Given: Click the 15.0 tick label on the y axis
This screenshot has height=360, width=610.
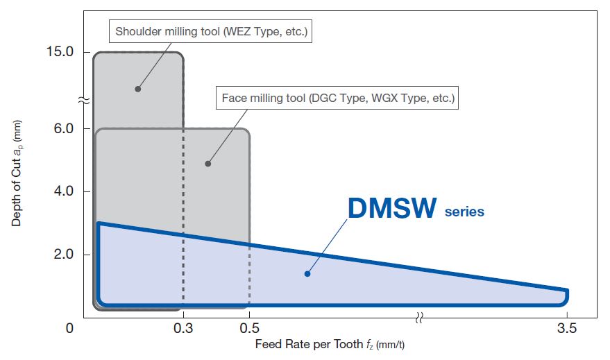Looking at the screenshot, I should (60, 53).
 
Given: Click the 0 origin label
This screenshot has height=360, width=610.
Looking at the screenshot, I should (69, 329).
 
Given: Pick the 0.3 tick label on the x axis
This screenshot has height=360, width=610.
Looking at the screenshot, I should (183, 329).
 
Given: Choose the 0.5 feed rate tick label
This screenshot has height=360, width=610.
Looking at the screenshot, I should (250, 329).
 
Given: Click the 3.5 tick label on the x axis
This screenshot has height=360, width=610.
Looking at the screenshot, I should (567, 329).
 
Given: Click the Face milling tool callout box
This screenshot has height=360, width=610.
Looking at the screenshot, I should (338, 98).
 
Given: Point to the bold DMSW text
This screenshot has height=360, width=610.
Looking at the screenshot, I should (393, 208).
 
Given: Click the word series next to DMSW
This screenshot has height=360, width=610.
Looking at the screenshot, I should (464, 212).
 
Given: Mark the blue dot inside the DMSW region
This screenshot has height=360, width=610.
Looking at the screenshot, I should (307, 273).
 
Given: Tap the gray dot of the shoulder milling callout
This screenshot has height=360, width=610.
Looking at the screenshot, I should (137, 89).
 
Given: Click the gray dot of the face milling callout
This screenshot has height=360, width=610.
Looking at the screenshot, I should (207, 164).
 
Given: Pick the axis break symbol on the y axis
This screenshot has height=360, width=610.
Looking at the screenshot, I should (83, 101).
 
